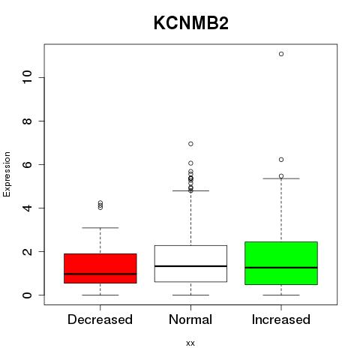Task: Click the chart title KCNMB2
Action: click(191, 23)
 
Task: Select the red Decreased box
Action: click(100, 268)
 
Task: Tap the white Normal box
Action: click(190, 263)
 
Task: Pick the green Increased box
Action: click(281, 263)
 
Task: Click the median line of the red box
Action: click(100, 274)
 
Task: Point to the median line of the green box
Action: click(281, 268)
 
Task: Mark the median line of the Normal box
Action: click(190, 266)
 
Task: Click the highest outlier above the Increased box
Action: click(281, 54)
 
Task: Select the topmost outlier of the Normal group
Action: click(190, 144)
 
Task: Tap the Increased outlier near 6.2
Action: click(281, 160)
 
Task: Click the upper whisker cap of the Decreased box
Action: click(100, 228)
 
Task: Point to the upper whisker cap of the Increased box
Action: click(281, 178)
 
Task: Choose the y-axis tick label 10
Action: click(28, 77)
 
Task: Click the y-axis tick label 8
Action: click(28, 121)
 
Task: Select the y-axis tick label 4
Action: click(28, 208)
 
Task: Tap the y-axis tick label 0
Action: click(28, 295)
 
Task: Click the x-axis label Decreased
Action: click(100, 319)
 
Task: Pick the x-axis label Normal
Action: click(190, 319)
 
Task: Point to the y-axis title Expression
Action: click(7, 174)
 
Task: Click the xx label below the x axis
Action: click(190, 343)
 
